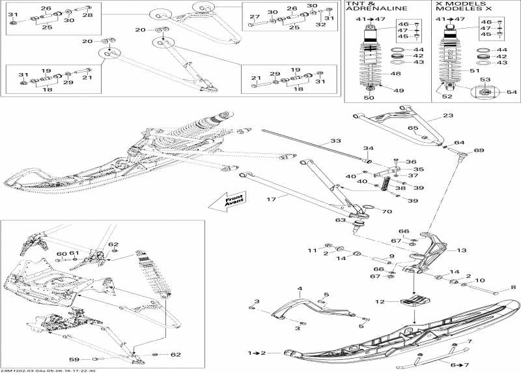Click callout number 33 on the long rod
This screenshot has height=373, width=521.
pyautogui.click(x=335, y=141)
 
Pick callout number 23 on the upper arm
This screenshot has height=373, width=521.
pyautogui.click(x=447, y=115)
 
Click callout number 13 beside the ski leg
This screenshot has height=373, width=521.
pyautogui.click(x=462, y=250)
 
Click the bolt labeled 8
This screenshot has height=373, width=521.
pyautogui.click(x=513, y=287)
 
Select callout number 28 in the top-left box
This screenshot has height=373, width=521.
pyautogui.click(x=87, y=14)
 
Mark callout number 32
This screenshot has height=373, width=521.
pyautogui.click(x=320, y=25)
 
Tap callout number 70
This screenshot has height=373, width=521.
pyautogui.click(x=387, y=211)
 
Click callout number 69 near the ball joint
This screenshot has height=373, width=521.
pyautogui.click(x=479, y=151)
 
